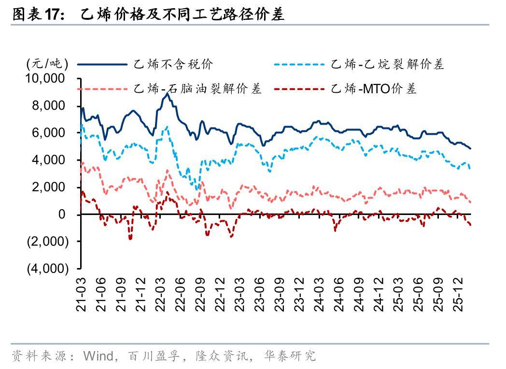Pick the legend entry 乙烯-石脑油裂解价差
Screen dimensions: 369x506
[x=197, y=89]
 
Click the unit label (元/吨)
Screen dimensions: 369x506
[x=47, y=64]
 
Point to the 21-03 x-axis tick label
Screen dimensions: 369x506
[x=82, y=294]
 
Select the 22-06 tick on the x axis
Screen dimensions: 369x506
[x=181, y=294]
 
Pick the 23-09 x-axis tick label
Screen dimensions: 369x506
[x=280, y=294]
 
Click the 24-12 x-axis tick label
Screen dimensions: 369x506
[x=378, y=294]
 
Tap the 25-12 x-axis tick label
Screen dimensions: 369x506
[x=457, y=294]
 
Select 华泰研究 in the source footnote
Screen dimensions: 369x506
[x=290, y=356]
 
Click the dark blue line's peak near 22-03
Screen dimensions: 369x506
[x=167, y=94]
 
